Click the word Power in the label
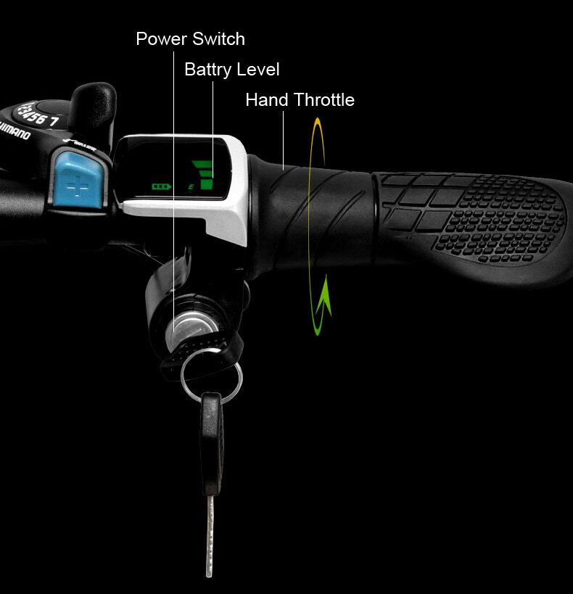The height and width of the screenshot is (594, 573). [160, 38]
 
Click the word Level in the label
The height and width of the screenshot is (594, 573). [259, 70]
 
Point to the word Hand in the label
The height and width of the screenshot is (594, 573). [267, 99]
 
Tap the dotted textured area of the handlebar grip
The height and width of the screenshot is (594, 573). [500, 218]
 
